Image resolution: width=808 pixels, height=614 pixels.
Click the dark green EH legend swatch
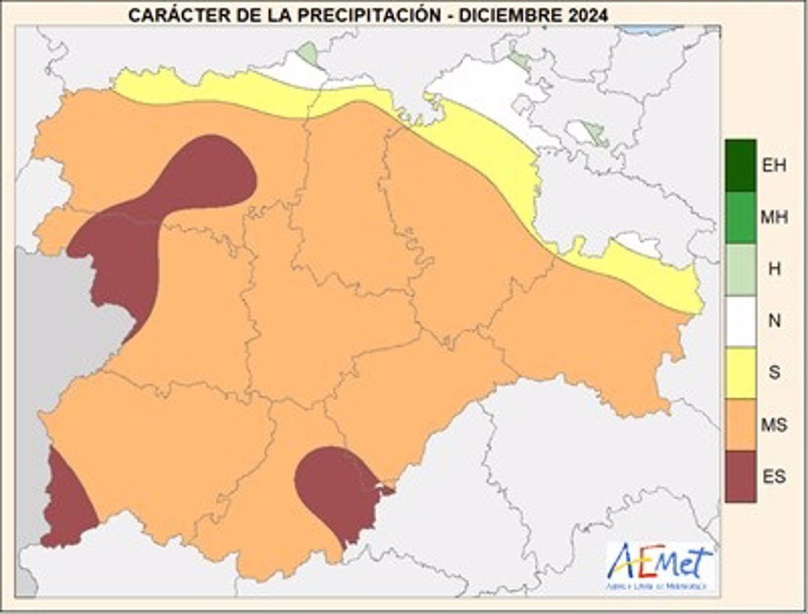pos(740,166)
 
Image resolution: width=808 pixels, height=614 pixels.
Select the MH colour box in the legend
pos(740,218)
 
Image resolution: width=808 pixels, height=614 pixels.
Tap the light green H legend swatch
pos(740,270)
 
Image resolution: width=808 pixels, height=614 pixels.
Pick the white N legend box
pos(740,321)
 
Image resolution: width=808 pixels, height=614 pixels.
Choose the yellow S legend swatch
pos(740,373)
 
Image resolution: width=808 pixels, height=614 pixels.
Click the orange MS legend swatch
pos(740,425)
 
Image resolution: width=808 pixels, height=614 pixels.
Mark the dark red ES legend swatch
pos(740,476)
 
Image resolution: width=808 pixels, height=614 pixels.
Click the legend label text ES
pos(774,476)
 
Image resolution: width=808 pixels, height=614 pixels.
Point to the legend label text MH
pos(774,218)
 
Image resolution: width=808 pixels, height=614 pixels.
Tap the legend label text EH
pos(774,166)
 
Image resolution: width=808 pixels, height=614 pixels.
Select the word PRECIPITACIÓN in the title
pos(369,15)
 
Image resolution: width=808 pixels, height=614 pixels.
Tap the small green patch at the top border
pos(307,53)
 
